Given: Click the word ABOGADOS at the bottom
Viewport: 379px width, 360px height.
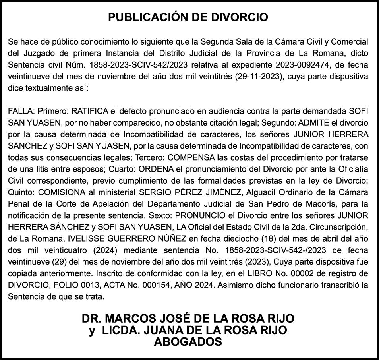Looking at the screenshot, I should (x=188, y=342).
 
